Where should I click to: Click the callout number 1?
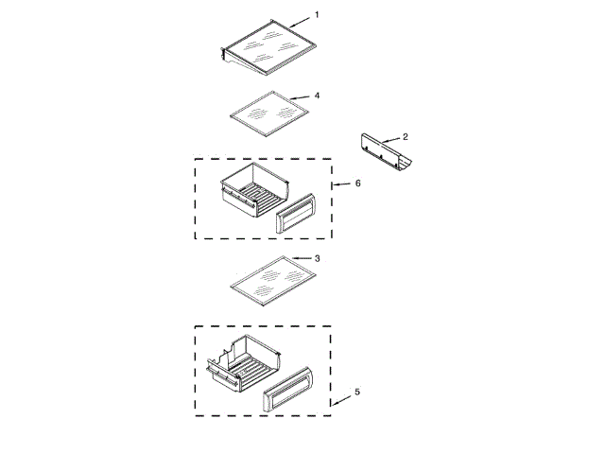coord(317,15)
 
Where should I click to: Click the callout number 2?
coord(406,137)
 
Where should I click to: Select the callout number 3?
coord(318,258)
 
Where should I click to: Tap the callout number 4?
coord(318,96)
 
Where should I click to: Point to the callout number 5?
coord(356,392)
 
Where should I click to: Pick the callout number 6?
coord(357,183)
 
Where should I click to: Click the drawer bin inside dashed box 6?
coord(248,195)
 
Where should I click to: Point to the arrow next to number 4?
coord(300,97)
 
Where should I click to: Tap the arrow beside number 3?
coord(300,258)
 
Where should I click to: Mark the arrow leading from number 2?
coord(390,140)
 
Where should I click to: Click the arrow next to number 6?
coord(339,185)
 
